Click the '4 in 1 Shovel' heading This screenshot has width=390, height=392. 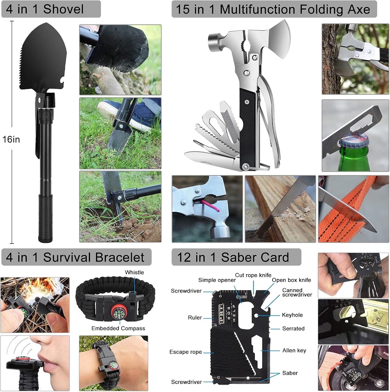[45, 9]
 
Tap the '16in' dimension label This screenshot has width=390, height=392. [11, 139]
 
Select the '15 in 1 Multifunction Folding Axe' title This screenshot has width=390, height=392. [273, 9]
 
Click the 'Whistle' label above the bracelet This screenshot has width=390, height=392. [134, 272]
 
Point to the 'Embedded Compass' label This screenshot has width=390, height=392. [118, 328]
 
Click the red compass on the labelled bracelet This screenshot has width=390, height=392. [119, 312]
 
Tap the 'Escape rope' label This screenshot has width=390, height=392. [186, 352]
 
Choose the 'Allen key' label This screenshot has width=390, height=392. [294, 350]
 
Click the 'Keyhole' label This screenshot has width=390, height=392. [292, 315]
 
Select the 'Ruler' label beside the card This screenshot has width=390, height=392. [195, 318]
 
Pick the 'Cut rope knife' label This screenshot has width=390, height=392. [253, 275]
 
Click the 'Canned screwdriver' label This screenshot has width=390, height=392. [297, 292]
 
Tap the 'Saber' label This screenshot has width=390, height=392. [290, 373]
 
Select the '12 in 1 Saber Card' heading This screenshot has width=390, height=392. [233, 257]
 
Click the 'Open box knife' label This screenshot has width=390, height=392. [291, 280]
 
